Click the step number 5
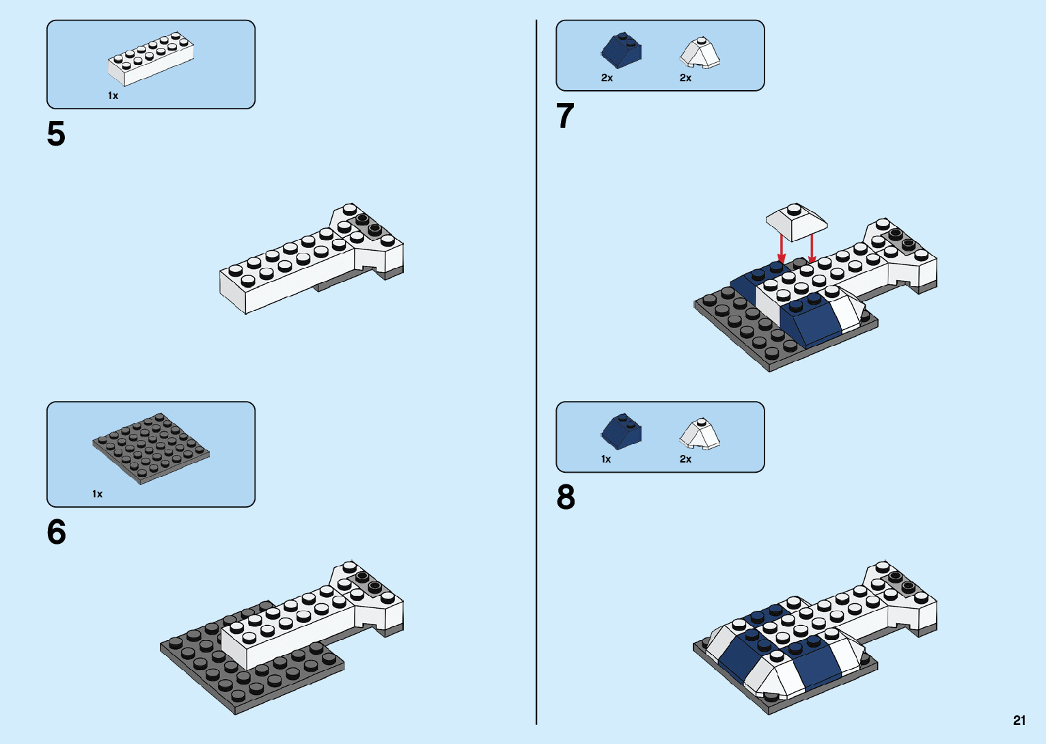point(56,134)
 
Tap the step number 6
point(56,532)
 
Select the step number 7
point(565,116)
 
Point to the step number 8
point(566,497)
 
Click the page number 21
point(1019,720)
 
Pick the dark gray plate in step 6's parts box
point(150,448)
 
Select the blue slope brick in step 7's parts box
point(621,51)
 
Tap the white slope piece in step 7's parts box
point(700,53)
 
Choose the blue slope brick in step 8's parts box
point(621,432)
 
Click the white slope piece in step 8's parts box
point(700,434)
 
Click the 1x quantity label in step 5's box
point(113,96)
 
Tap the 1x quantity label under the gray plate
point(97,494)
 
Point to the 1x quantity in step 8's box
point(606,459)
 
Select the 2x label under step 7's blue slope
point(607,78)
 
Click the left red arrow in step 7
point(782,249)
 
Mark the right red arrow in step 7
point(812,249)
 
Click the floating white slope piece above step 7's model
point(796,221)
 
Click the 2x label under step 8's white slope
point(685,459)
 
